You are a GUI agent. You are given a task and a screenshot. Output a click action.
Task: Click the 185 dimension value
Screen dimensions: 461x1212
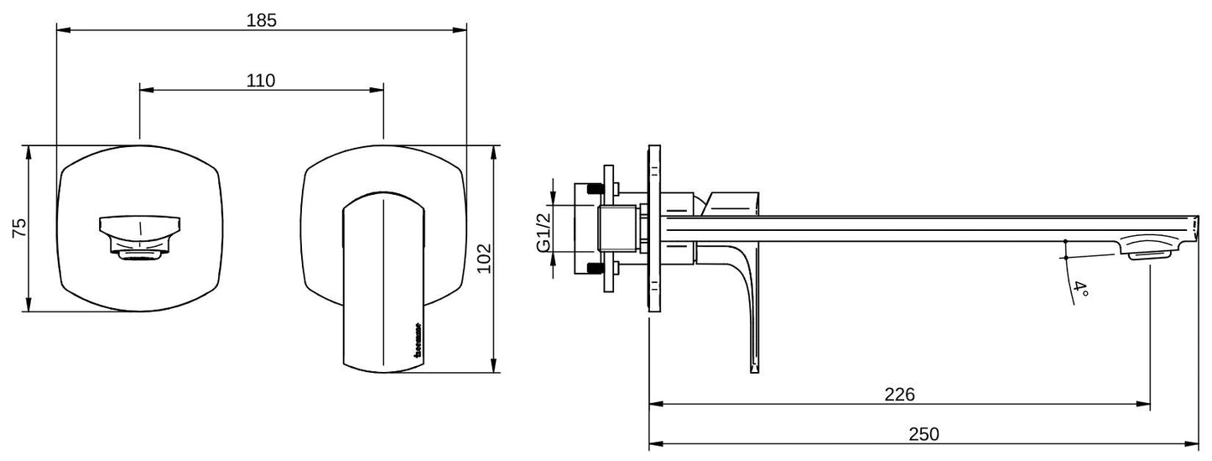pyautogui.click(x=261, y=21)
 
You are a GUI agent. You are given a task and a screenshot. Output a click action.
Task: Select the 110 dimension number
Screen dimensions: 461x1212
pyautogui.click(x=261, y=81)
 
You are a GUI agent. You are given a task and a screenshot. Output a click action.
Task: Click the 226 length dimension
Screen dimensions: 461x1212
pyautogui.click(x=899, y=395)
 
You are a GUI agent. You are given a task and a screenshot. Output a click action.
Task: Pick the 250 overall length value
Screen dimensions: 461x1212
pyautogui.click(x=923, y=434)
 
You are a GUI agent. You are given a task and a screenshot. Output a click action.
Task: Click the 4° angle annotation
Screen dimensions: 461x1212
pyautogui.click(x=1081, y=292)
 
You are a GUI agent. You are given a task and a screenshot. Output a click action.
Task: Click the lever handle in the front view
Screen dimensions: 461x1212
pyautogui.click(x=384, y=281)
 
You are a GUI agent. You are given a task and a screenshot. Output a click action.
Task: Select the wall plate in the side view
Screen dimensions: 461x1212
pyautogui.click(x=654, y=228)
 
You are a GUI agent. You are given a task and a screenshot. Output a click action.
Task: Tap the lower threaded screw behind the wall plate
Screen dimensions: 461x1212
pyautogui.click(x=596, y=269)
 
